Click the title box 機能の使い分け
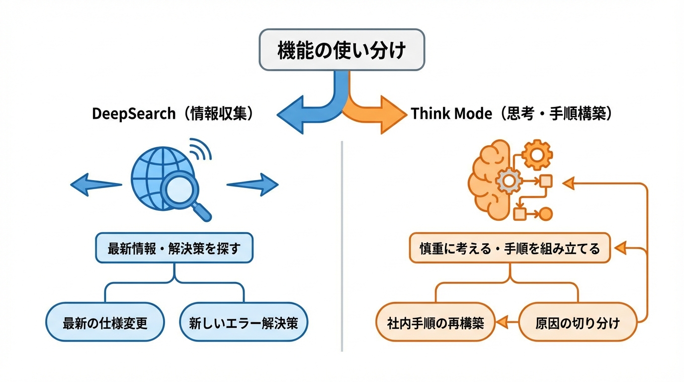click(342, 50)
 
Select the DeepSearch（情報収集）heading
click(173, 113)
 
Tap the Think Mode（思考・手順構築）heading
click(512, 113)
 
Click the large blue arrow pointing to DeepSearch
click(298, 114)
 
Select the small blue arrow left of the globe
click(95, 185)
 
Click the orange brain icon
click(490, 179)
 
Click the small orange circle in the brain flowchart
click(546, 214)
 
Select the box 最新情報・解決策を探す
click(174, 248)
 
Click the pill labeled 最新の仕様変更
click(105, 322)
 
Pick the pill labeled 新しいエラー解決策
click(244, 322)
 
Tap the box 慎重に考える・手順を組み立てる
click(510, 248)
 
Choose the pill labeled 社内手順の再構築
click(435, 322)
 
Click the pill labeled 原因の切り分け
click(578, 322)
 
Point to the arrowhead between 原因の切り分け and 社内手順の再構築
click(503, 322)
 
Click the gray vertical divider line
click(342, 249)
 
